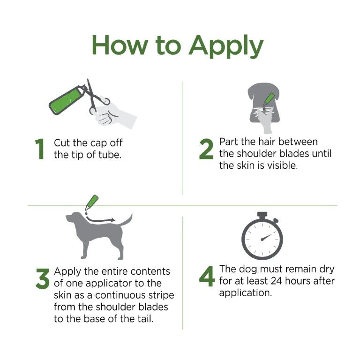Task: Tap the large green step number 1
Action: tap(41, 149)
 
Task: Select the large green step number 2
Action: tap(207, 149)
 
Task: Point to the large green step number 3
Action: tap(42, 278)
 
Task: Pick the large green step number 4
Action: tap(207, 276)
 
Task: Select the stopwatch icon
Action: tap(262, 237)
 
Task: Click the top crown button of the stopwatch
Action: tap(262, 215)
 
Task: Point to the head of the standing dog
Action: tap(74, 218)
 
